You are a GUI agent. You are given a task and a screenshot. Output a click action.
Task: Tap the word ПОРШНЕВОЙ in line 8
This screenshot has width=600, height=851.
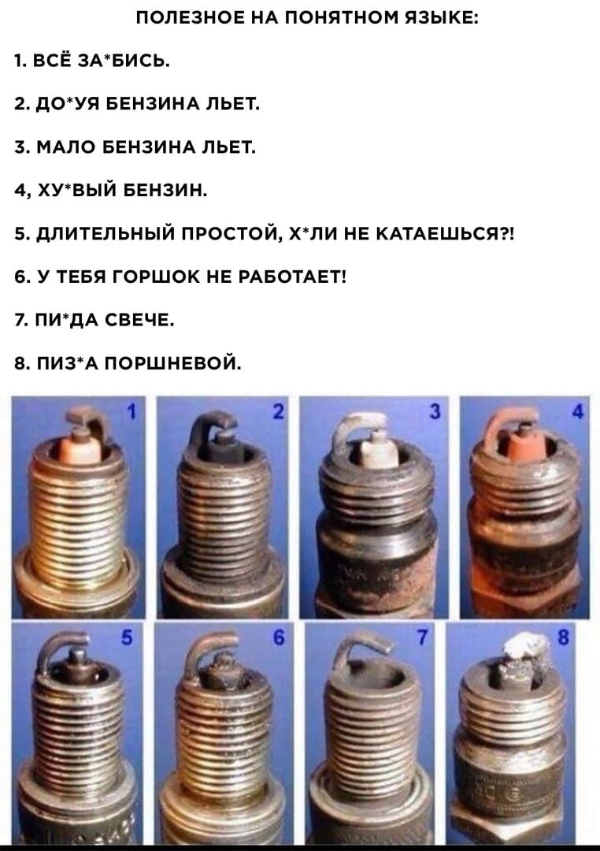(172, 363)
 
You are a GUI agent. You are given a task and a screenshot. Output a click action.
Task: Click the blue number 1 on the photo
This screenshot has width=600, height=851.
(131, 411)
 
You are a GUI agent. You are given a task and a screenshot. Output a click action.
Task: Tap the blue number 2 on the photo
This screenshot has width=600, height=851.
(278, 411)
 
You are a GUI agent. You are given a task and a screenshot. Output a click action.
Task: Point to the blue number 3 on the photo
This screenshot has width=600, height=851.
(435, 411)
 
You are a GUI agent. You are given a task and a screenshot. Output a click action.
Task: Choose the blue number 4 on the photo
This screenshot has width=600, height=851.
(578, 411)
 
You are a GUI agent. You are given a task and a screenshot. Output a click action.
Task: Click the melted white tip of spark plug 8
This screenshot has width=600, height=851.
(524, 648)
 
